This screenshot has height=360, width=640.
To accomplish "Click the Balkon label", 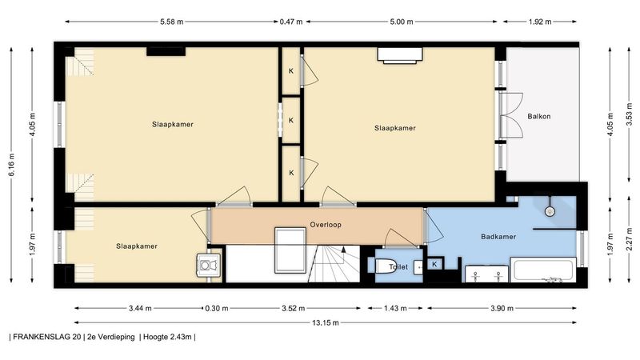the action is pos(538,116).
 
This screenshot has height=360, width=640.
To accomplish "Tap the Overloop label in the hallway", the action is pos(326,225).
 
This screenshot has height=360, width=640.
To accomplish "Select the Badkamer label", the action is pos(498,236).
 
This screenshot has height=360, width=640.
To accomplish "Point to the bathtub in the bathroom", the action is pos(543,270).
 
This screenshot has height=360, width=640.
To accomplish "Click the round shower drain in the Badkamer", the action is pos(550,211).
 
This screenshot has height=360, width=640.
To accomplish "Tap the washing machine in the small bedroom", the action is pos(209,266).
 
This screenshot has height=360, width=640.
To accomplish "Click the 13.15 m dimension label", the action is pos(326,322).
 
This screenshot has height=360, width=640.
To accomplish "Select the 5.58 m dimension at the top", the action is pos(171,22).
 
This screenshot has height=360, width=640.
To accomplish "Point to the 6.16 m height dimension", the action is pos(12,165).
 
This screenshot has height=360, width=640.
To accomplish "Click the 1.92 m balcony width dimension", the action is pos(539,22).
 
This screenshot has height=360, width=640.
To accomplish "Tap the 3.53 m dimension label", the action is pos(629,116).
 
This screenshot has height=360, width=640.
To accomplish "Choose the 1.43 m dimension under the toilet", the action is pos(395,308).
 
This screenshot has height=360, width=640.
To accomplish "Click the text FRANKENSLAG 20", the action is pos(46,337).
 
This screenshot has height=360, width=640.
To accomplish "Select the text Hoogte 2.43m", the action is pos(167,337).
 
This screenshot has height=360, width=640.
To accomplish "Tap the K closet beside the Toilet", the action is pos(434,264).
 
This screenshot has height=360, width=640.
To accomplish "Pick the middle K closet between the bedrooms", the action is pos(291,121).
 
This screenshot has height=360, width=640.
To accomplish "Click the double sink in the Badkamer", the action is pos(487,274).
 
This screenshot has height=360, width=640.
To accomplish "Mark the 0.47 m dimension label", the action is pos(291,22).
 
